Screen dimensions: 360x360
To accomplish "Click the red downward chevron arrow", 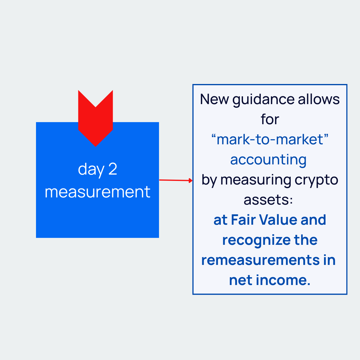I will (x=95, y=120).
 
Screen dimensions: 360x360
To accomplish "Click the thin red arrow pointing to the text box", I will (x=175, y=180).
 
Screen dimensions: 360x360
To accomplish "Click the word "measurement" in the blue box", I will (x=97, y=192).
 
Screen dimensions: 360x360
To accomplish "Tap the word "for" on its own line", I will (x=270, y=119).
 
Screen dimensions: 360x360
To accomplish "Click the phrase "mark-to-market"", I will (x=270, y=139).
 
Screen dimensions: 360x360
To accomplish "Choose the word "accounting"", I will (x=268, y=160).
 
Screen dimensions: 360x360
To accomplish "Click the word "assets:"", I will (x=268, y=200).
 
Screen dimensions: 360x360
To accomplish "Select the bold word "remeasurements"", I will (x=261, y=260).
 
